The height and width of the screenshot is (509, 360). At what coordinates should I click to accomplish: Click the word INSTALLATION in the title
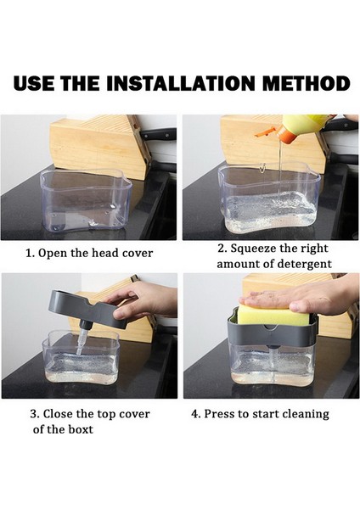point(180,83)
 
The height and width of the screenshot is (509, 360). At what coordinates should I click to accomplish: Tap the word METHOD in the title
point(306,83)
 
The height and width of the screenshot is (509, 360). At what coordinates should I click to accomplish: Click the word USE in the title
point(34,83)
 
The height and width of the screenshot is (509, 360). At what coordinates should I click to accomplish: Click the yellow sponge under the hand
point(273,315)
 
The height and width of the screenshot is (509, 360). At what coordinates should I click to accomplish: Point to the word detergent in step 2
point(303,264)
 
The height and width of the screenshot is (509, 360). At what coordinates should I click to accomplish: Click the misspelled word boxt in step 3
point(81,429)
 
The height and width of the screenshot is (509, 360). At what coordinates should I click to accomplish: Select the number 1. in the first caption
point(30,253)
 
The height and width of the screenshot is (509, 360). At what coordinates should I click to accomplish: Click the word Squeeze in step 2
point(253,249)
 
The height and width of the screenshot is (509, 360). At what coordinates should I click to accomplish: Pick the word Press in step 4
point(216,414)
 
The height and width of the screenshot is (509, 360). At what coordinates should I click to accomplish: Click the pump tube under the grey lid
point(82,340)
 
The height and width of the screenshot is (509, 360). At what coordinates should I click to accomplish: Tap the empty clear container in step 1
point(86,202)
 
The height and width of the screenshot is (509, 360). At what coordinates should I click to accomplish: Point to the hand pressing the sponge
point(299,296)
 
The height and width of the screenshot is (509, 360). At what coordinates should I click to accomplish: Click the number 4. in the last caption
point(195,414)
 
